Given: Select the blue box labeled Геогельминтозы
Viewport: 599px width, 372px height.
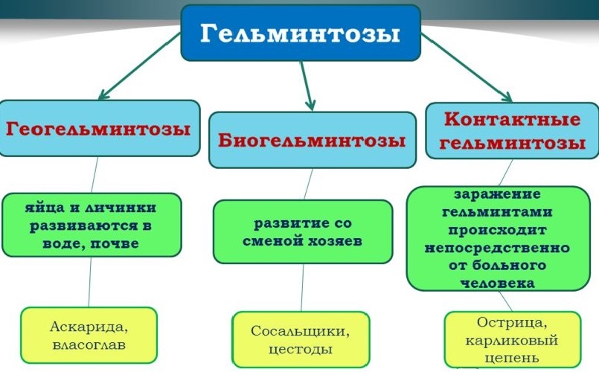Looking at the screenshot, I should (x=99, y=128).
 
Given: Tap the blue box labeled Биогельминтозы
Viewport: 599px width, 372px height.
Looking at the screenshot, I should (x=312, y=139).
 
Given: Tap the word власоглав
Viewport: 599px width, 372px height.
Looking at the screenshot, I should (x=88, y=345).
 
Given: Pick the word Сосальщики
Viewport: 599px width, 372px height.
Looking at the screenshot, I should (x=301, y=331).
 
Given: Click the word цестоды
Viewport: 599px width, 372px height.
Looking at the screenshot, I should (x=301, y=349).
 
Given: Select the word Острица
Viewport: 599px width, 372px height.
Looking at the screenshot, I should (x=513, y=323).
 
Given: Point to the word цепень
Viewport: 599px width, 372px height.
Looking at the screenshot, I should (x=513, y=358).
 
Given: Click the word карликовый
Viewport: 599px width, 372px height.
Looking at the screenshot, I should (x=513, y=340).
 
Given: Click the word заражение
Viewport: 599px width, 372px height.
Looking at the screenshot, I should (x=497, y=194).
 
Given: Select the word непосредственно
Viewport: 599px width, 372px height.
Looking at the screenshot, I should (x=497, y=247).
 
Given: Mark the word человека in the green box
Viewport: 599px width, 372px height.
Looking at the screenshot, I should (x=497, y=282).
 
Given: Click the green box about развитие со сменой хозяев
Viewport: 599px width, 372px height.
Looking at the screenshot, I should (x=302, y=231).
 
